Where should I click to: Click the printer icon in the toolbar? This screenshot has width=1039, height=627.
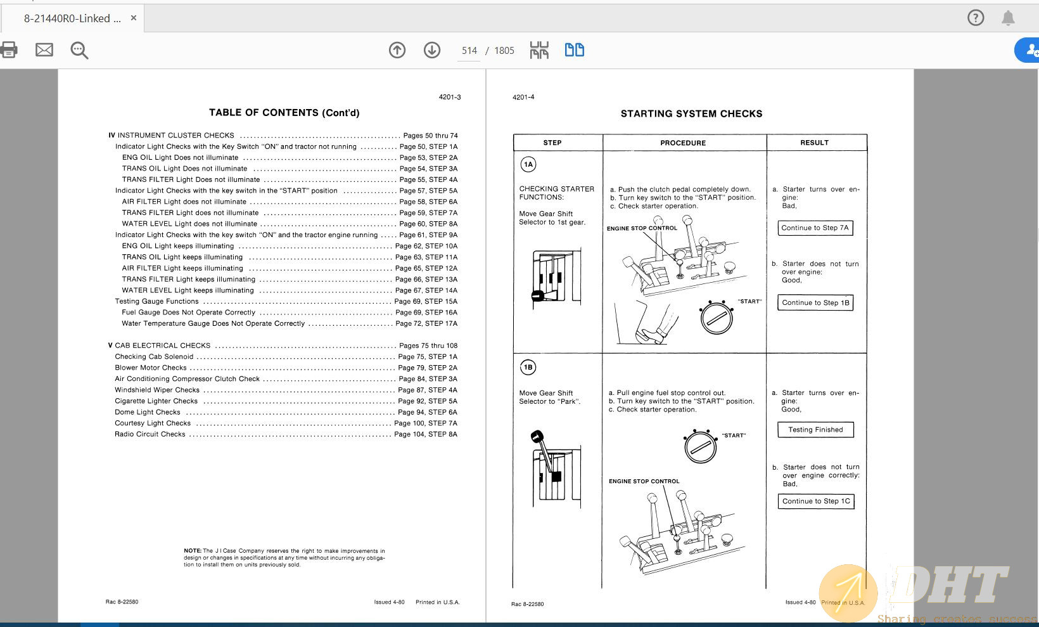(x=9, y=49)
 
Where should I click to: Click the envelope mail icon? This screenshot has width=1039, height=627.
(x=44, y=49)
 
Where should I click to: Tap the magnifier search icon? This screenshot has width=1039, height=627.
(x=79, y=50)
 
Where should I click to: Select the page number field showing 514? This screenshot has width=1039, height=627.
(x=469, y=51)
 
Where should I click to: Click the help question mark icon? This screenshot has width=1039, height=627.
(x=976, y=18)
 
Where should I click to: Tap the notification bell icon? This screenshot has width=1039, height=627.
(x=1008, y=18)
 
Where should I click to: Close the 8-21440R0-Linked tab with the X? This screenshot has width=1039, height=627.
(x=134, y=18)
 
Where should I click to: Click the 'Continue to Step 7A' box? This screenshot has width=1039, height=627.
(x=815, y=228)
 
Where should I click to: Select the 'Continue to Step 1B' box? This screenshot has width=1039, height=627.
(x=815, y=302)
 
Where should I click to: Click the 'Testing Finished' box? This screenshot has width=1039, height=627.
(x=815, y=429)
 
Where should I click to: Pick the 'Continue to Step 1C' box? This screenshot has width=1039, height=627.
(x=815, y=501)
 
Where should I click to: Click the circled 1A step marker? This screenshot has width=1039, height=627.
(x=528, y=165)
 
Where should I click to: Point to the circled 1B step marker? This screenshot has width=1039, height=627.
(x=528, y=367)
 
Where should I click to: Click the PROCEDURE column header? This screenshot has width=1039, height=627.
(x=683, y=143)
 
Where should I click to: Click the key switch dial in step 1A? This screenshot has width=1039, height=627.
(x=717, y=318)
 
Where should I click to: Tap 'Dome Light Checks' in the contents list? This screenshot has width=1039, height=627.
(x=148, y=412)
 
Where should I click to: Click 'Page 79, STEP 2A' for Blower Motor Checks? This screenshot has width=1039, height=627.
(x=428, y=368)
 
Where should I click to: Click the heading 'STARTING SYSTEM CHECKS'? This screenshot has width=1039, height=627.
(x=691, y=113)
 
